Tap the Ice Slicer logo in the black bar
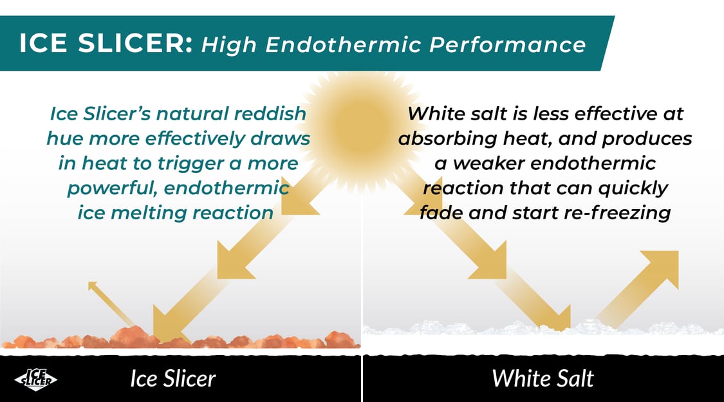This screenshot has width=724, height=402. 35,379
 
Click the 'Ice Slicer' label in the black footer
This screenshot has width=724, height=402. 172,378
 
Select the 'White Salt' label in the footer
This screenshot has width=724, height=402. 543,378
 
